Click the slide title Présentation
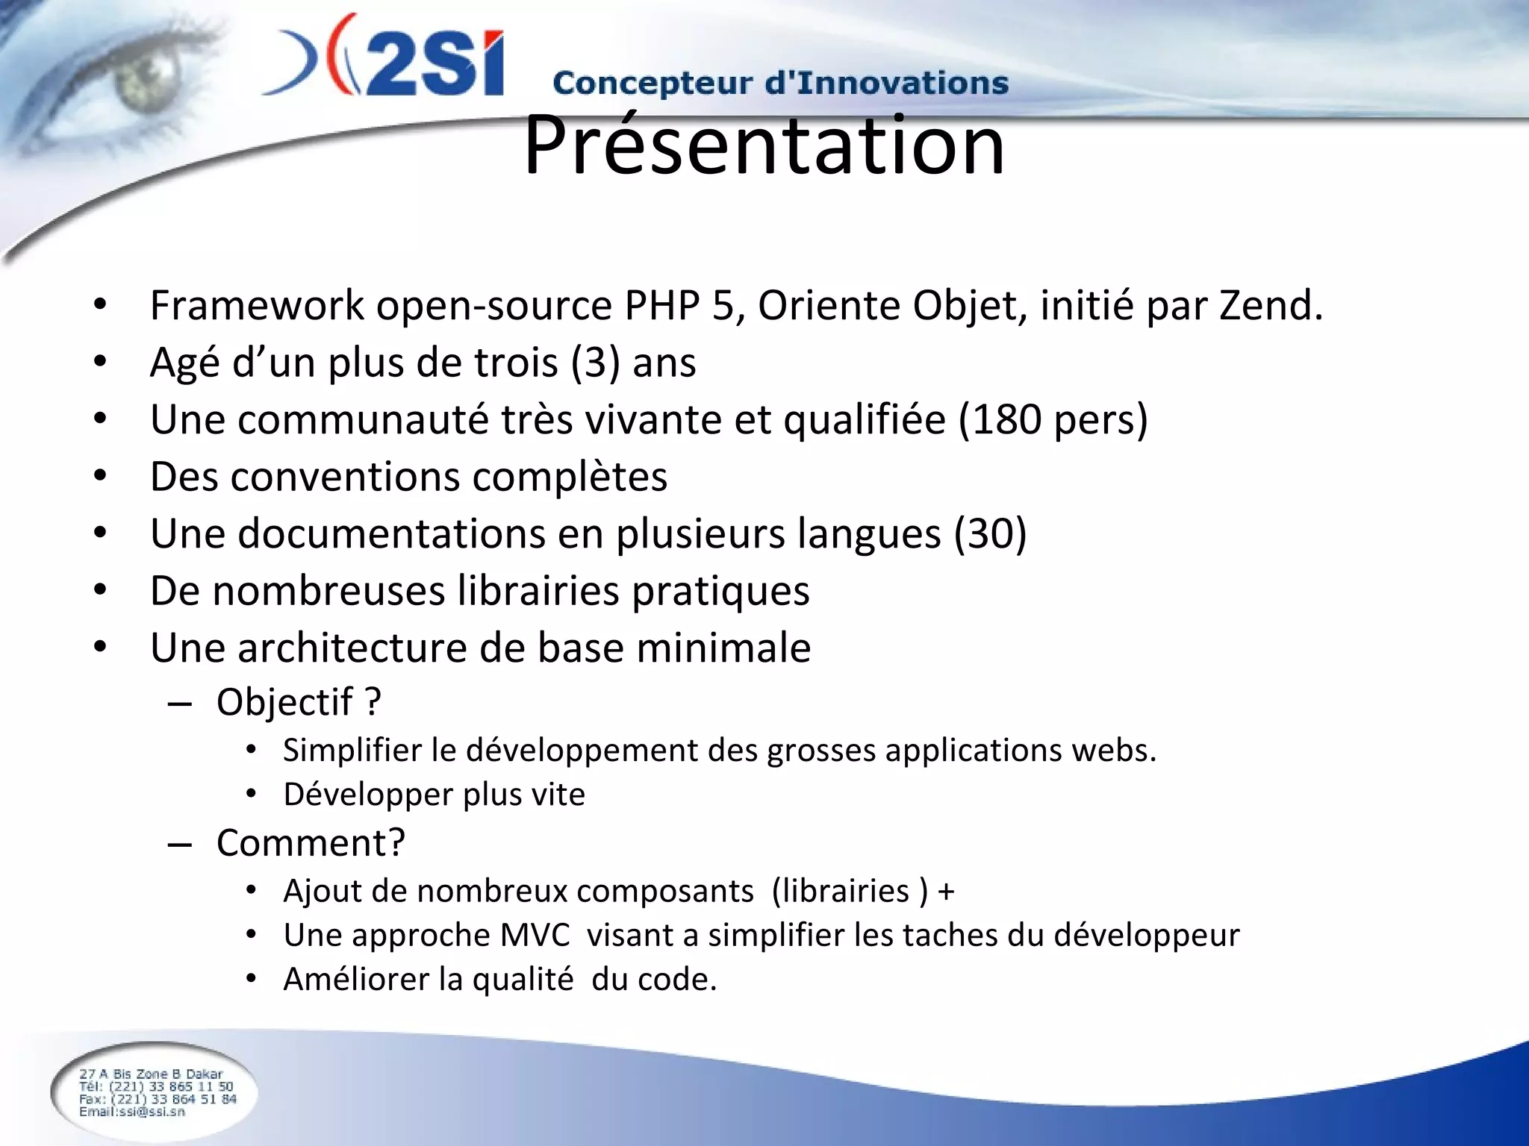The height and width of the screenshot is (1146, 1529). pos(764,145)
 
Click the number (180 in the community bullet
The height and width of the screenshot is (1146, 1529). pos(1000,419)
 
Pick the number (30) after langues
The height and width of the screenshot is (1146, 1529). pos(990,534)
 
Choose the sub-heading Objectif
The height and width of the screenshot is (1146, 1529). pos(284,703)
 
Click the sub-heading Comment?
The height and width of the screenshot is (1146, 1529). pos(311,844)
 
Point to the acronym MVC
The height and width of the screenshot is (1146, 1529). pos(535,936)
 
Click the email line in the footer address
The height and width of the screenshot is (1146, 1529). pos(131,1112)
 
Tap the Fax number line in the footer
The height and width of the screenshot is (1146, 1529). pos(158,1099)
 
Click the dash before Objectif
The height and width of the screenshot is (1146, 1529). pos(180,704)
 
